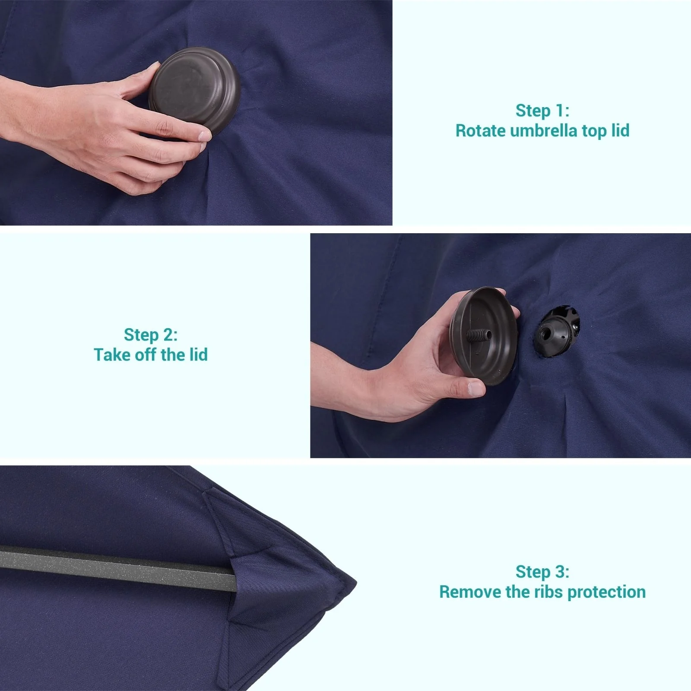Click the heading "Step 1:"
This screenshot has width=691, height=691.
click(542, 111)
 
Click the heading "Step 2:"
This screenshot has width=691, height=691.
click(151, 335)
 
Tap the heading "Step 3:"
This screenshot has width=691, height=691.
click(542, 572)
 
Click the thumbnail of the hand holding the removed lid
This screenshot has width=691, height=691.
click(476, 389)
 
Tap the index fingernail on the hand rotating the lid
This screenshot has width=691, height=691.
click(204, 136)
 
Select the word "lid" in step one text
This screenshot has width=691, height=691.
click(621, 130)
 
